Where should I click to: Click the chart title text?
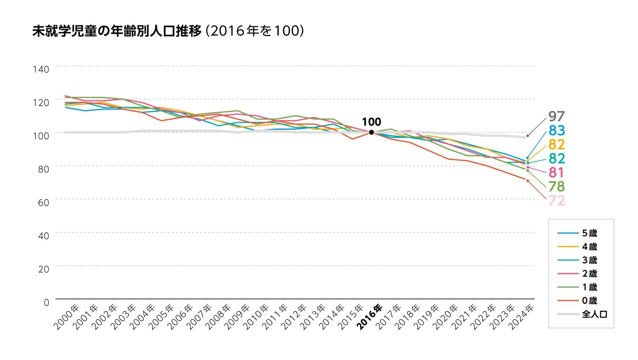[x=168, y=31]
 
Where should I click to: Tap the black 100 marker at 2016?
[x=371, y=132]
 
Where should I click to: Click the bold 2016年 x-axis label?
[x=370, y=317]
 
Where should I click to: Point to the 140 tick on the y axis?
[x=41, y=69]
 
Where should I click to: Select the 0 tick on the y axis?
[x=46, y=302]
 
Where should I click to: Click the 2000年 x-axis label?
[x=66, y=317]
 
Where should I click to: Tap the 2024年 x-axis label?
[x=521, y=317]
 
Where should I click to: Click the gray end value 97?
[x=556, y=116]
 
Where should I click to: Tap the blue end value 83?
[x=556, y=131]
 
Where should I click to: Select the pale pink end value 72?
[x=556, y=201]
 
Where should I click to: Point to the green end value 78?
[x=556, y=187]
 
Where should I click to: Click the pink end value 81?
[x=556, y=172]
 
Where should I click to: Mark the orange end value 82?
[x=556, y=144]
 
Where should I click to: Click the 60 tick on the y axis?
[x=43, y=202]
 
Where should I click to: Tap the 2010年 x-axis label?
[x=256, y=317]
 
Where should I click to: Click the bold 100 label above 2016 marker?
[x=371, y=122]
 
